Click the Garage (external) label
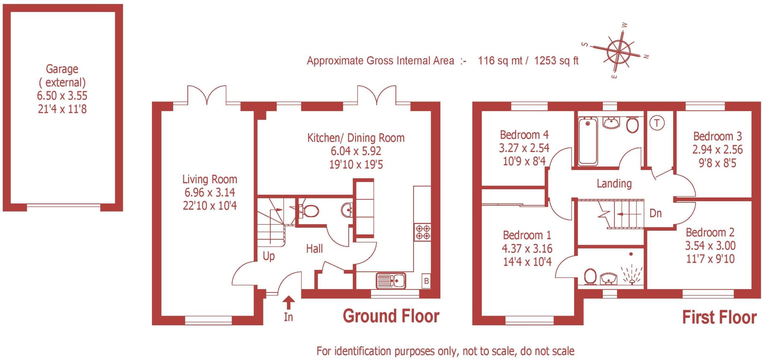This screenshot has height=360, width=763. point(62,76)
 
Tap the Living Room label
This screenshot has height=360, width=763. point(209,179)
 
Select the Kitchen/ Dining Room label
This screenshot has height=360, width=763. point(356,138)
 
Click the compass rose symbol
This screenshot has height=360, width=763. point(618,51)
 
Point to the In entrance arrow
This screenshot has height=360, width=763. point(289,303)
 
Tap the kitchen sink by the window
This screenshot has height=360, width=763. point(391,281)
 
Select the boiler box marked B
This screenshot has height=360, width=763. point(427,281)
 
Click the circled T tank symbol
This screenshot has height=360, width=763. point(656,123)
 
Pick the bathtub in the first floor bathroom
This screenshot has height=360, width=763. point(588,141)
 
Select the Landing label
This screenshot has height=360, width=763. point(614,183)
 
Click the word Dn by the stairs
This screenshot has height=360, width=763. point(655,213)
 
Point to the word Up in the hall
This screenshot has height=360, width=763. point(269,256)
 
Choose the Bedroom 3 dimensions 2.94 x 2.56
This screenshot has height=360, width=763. point(717,149)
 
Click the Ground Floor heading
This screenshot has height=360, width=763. point(391,316)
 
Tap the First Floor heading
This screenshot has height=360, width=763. point(719,317)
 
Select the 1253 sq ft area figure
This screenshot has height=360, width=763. point(556,60)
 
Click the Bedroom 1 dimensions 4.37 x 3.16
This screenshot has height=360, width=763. point(527,249)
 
